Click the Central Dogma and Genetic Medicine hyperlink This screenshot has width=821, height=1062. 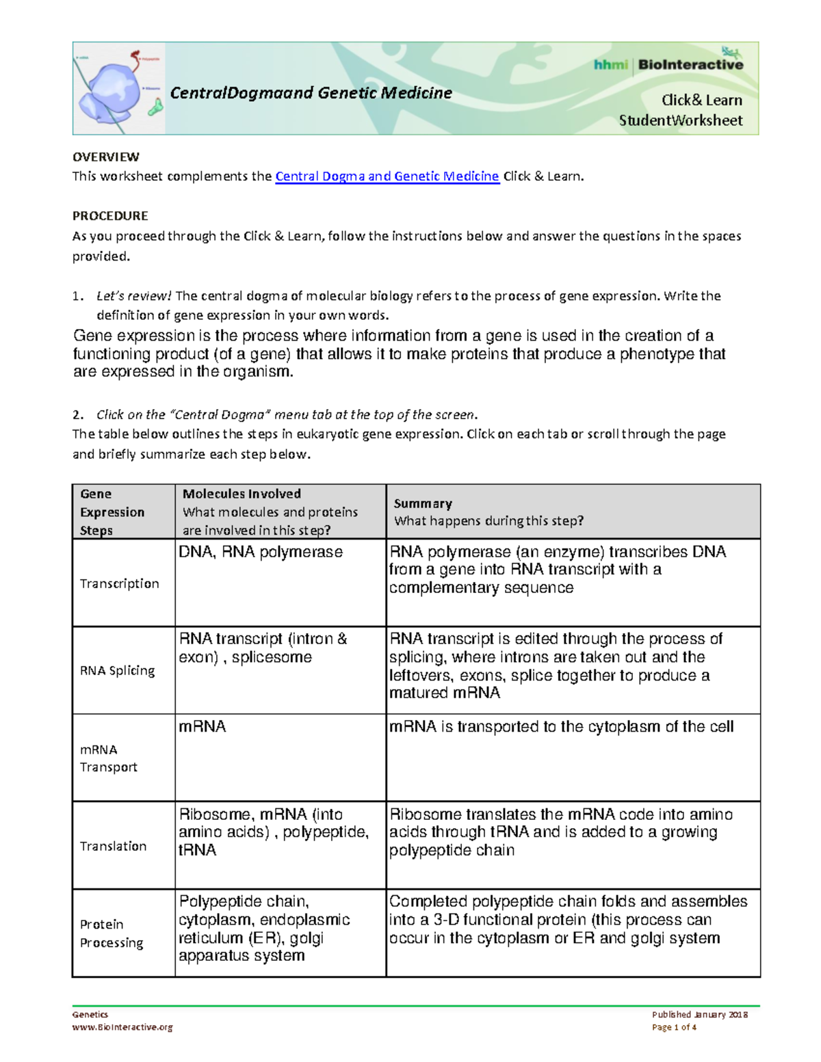coord(387,176)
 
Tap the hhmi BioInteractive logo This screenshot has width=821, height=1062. coord(668,65)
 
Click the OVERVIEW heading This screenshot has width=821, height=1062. coord(106,157)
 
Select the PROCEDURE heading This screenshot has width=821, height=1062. coord(110,216)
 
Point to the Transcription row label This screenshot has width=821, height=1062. coord(119,583)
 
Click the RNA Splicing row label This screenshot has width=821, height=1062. coord(117,671)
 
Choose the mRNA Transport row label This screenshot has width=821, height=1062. coord(108,758)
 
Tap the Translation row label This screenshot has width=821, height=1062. coord(113,846)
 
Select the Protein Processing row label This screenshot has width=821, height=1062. coord(112,933)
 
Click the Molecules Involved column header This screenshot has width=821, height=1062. coord(242,494)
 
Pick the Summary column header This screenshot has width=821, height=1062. coord(423,503)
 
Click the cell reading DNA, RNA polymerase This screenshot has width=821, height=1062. coord(261,552)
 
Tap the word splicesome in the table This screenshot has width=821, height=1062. coord(272,657)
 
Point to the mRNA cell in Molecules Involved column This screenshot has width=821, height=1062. coord(203,726)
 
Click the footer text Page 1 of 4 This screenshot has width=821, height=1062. coord(674,1027)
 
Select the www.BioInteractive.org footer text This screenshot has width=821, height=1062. coord(122,1027)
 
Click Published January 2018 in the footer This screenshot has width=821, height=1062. coord(699,1015)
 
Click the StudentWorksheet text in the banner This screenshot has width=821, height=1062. coord(680,121)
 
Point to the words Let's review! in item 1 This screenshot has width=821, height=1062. coord(134,296)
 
